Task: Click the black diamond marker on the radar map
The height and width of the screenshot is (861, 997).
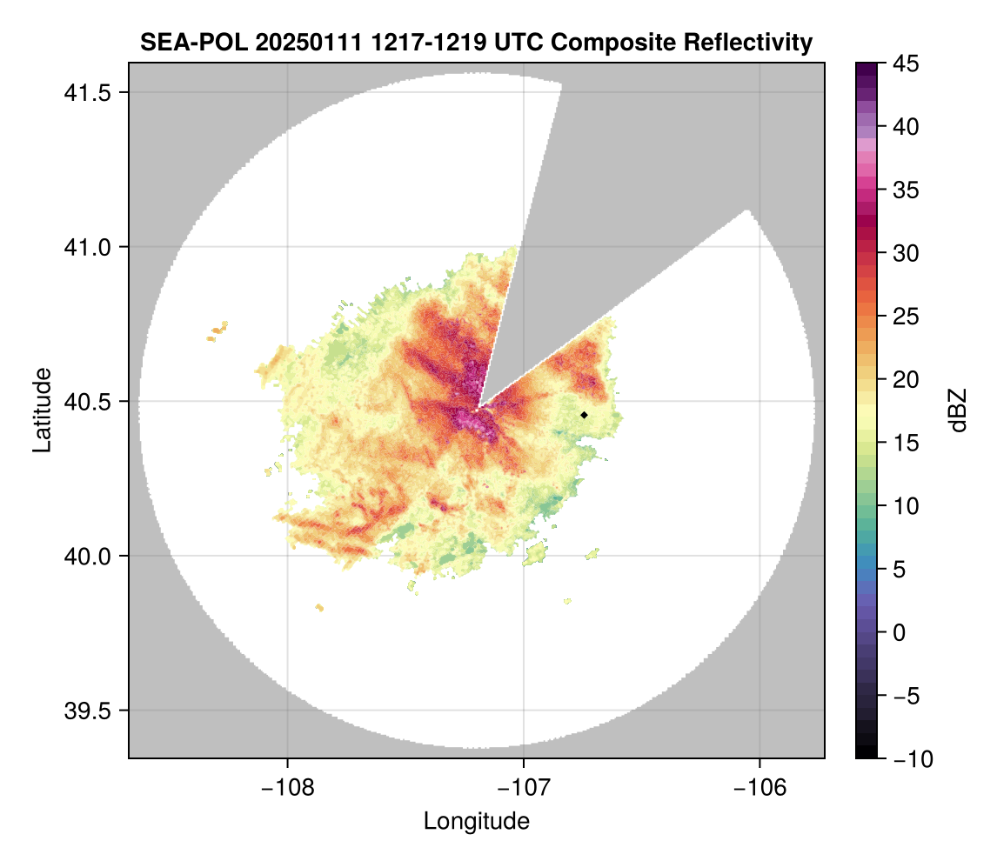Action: [x=584, y=415]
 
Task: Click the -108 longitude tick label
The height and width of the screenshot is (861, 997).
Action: [x=287, y=788]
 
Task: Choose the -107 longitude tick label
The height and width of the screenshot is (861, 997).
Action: [x=524, y=788]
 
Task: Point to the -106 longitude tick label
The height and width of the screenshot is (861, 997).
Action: [x=760, y=788]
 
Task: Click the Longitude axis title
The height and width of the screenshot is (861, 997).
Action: [x=477, y=821]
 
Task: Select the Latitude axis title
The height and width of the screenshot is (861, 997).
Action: [x=42, y=410]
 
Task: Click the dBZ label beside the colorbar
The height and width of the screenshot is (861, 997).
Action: [x=958, y=410]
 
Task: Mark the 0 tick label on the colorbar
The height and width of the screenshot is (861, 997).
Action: [x=898, y=632]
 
